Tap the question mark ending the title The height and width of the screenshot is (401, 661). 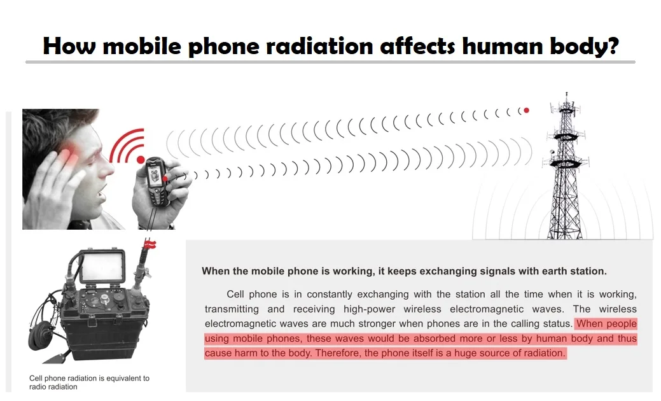(x=611, y=46)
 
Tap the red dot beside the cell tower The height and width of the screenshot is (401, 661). (x=526, y=110)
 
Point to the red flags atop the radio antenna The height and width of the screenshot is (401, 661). (x=151, y=244)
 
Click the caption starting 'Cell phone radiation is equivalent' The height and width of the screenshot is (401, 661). (x=89, y=382)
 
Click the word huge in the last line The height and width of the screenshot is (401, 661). (x=468, y=353)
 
